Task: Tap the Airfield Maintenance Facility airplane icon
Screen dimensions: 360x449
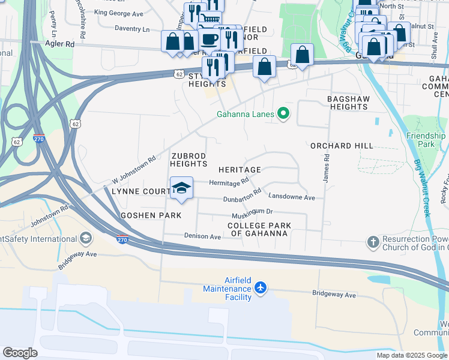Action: coord(261,288)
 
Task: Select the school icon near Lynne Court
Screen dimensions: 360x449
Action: coord(181,189)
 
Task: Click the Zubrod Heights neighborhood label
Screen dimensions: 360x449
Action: coord(188,160)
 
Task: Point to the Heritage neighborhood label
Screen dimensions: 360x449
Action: coord(240,170)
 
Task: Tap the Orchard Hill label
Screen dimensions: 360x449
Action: coord(342,146)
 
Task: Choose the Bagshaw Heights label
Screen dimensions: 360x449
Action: coord(348,103)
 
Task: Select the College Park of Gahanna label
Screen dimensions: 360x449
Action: coord(259,229)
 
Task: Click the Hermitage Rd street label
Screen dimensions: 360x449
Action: coord(229,182)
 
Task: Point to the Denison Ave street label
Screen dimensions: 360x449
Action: coord(203,236)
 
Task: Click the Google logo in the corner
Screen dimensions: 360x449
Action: coord(20,353)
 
